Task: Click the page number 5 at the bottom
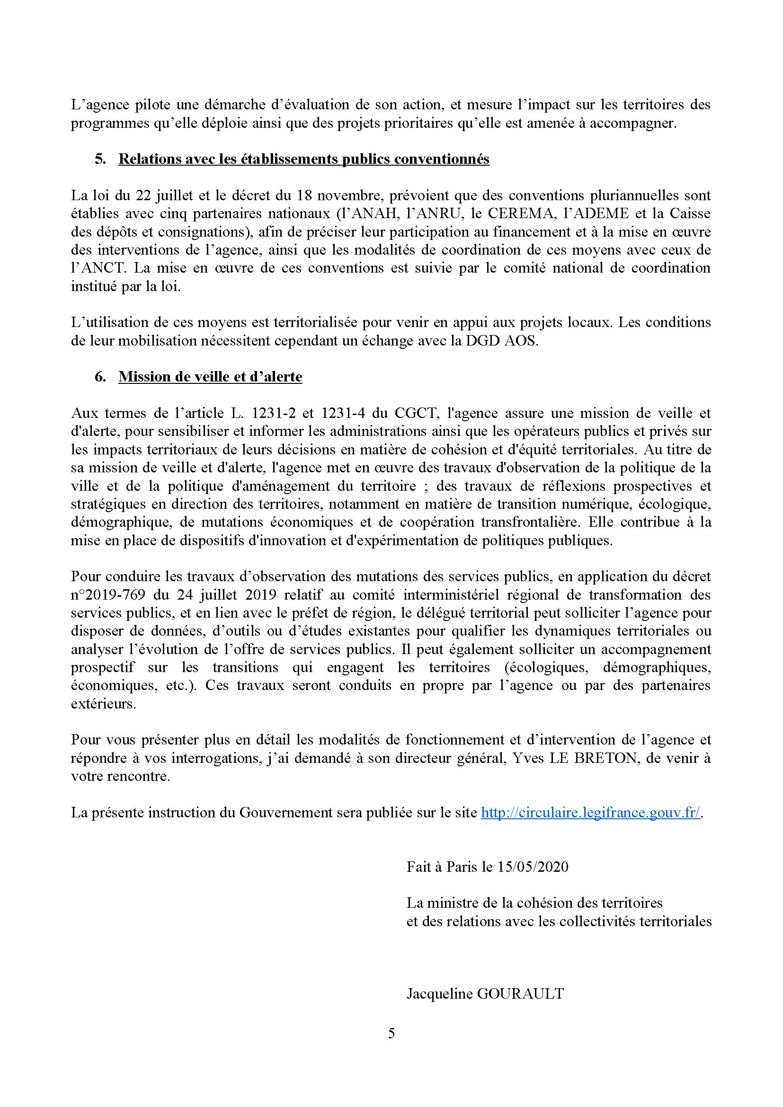click(x=391, y=1033)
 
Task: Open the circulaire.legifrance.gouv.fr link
click(x=591, y=813)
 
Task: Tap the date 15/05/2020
click(x=533, y=867)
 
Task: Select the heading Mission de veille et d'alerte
click(x=210, y=377)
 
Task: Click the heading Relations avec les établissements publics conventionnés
click(x=304, y=159)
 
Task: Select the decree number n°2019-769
click(x=108, y=594)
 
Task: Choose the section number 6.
click(x=100, y=377)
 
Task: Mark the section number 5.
click(x=100, y=159)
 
